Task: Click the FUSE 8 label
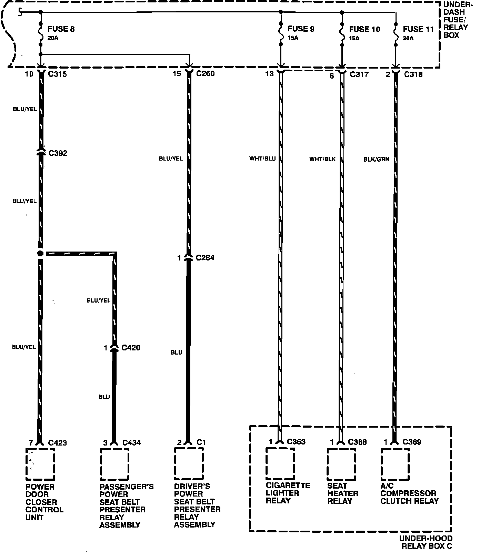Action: point(61,29)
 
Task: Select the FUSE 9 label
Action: point(301,29)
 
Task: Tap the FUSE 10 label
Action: point(364,29)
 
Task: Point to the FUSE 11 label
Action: point(418,29)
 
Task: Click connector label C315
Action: point(57,74)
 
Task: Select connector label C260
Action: point(205,73)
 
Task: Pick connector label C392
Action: point(58,153)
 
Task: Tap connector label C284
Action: point(205,258)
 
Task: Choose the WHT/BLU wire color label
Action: point(262,159)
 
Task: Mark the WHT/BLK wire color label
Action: point(322,159)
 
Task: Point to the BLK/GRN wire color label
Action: point(376,159)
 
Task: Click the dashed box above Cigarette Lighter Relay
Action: point(280,463)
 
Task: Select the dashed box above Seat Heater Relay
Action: point(341,464)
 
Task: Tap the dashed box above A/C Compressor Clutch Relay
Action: point(395,464)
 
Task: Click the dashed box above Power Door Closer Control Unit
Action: point(40,464)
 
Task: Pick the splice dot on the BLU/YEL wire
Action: point(40,254)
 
